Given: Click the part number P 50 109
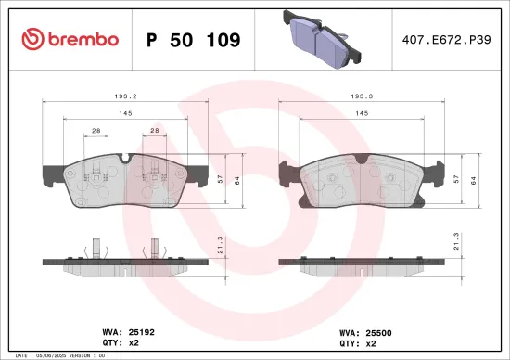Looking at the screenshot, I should click(x=193, y=40).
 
